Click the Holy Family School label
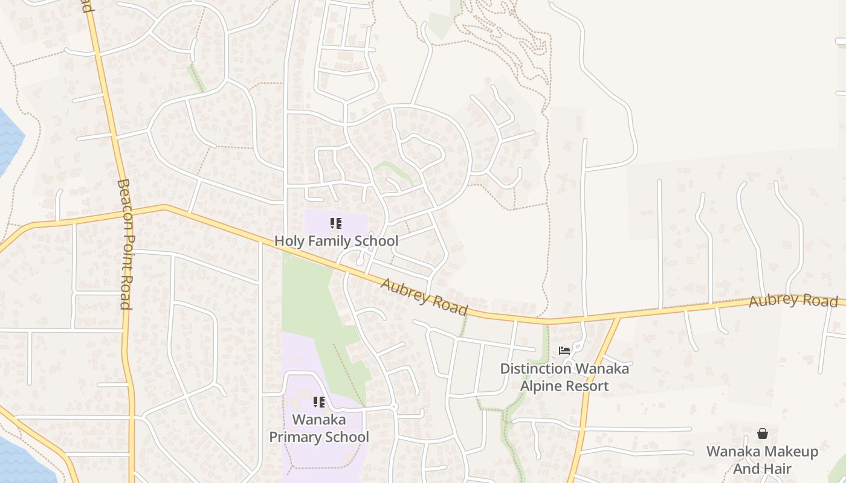coord(336,241)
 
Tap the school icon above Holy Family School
coord(336,224)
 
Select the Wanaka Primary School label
coord(319,428)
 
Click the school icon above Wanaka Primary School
coord(319,402)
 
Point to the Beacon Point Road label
coord(124,244)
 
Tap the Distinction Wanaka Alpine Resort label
coord(564,377)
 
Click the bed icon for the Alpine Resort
coord(564,350)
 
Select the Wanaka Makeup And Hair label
coord(763,460)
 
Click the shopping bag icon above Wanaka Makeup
coord(763,433)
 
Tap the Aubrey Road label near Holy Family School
coord(424,296)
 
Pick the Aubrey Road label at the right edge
coord(793,301)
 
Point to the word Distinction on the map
coord(535,368)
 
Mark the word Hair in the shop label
coord(778,469)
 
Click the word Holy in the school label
coord(288,241)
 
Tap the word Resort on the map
coord(587,386)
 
